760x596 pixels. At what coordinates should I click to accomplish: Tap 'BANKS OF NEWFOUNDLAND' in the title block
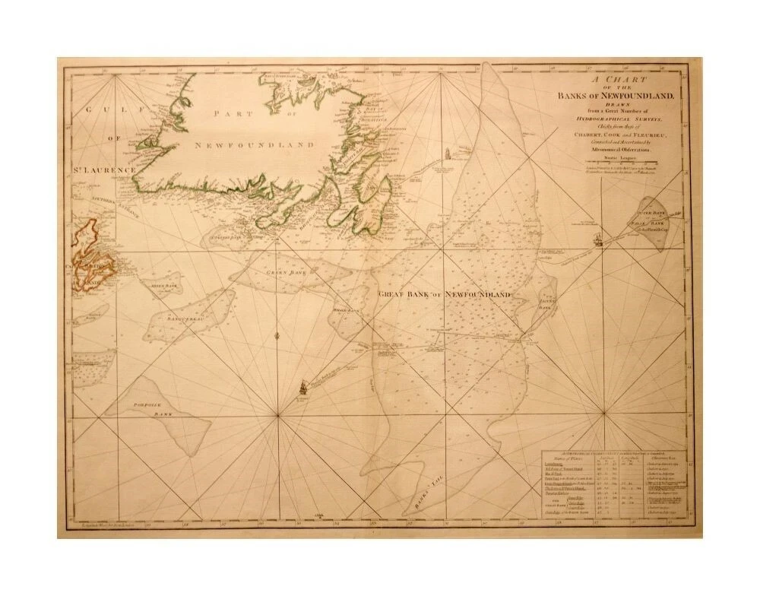coord(621,95)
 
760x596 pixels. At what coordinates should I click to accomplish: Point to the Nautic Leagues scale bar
coord(621,161)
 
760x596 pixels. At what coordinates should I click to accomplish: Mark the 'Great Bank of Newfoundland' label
coord(442,293)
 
